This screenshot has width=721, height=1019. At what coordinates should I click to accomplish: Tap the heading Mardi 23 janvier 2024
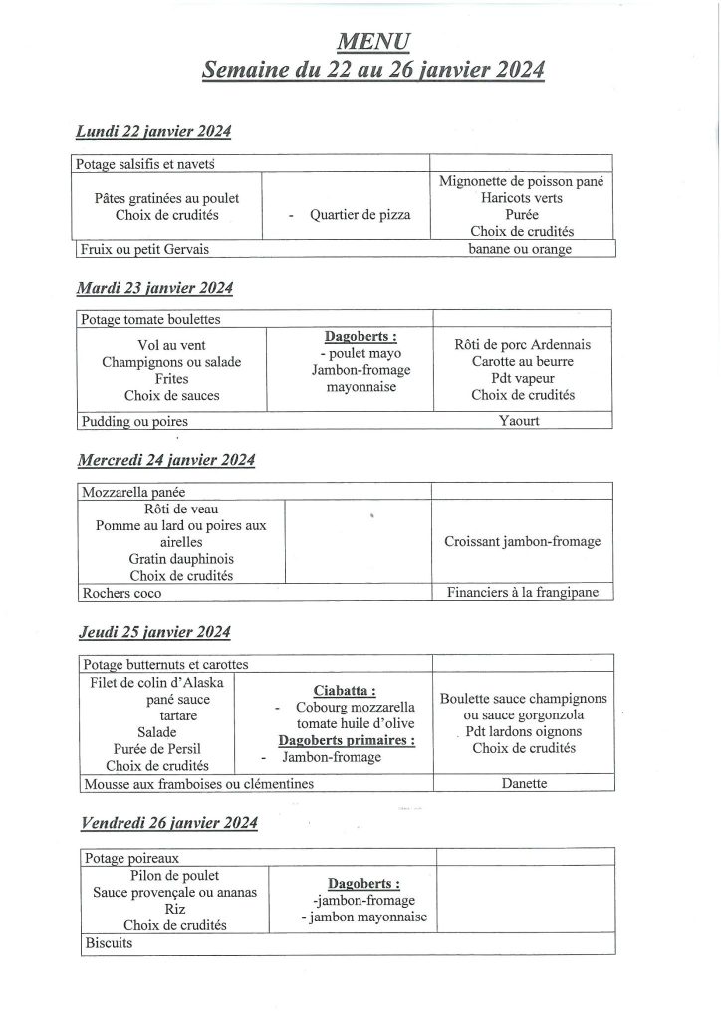pyautogui.click(x=154, y=288)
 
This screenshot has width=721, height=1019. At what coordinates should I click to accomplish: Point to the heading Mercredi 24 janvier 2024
pyautogui.click(x=166, y=460)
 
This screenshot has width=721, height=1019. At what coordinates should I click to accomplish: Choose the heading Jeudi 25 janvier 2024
pyautogui.click(x=153, y=632)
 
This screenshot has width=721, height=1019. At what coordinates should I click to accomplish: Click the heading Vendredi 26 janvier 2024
pyautogui.click(x=166, y=822)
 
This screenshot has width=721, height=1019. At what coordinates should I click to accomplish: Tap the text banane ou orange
pyautogui.click(x=520, y=249)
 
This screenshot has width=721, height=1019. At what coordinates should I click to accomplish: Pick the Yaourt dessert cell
pyautogui.click(x=522, y=421)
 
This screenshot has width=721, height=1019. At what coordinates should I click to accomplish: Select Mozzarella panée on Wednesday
pyautogui.click(x=134, y=492)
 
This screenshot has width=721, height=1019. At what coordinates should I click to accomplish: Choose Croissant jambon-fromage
pyautogui.click(x=522, y=542)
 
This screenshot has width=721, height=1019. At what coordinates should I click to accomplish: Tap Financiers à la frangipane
pyautogui.click(x=522, y=593)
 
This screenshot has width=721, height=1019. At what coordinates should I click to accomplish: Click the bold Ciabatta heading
pyautogui.click(x=344, y=689)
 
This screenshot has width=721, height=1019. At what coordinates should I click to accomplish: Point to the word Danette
pyautogui.click(x=525, y=784)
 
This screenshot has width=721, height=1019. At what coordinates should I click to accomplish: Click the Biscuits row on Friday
pyautogui.click(x=109, y=943)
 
